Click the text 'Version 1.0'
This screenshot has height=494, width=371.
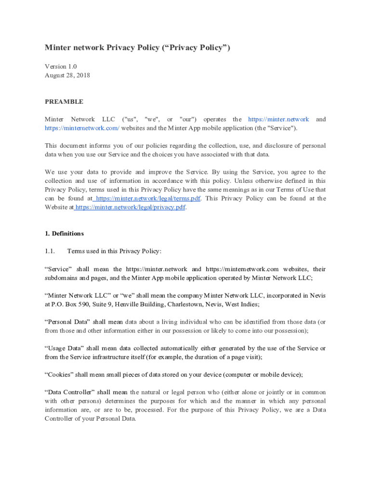point(61,66)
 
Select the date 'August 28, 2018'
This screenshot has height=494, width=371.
point(67,75)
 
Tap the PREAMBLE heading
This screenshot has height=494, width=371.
point(64,102)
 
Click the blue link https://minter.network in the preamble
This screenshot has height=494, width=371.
point(278,119)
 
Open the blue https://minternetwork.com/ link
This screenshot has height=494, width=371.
point(82,128)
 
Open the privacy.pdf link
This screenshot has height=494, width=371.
point(130,207)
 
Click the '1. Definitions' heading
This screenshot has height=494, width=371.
point(64,233)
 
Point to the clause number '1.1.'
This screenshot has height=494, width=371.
point(51,251)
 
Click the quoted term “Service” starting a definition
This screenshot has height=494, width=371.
point(58,269)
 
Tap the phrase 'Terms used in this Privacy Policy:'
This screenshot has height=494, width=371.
point(115,251)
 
